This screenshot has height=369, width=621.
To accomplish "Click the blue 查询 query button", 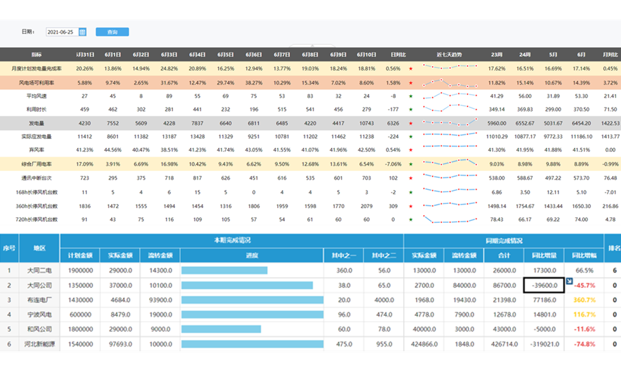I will point(112,32).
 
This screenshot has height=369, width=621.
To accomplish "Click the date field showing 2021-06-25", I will point(61,32).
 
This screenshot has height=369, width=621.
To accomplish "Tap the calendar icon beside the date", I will point(83,32).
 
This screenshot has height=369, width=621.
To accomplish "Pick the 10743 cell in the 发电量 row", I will point(366,123).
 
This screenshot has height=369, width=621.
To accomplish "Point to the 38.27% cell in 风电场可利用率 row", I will point(253,82).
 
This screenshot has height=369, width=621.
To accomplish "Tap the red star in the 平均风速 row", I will point(411,96).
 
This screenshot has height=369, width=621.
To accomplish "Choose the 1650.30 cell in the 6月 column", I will point(581,205).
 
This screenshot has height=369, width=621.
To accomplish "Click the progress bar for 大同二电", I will point(225,270).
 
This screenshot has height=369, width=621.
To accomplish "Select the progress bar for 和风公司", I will point(252,329).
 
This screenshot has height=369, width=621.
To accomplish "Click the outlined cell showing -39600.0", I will point(544,285).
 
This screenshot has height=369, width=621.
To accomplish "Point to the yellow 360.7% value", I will point(584,300).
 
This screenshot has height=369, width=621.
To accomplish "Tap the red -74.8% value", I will point(584,344).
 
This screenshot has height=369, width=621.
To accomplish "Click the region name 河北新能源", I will point(40,344).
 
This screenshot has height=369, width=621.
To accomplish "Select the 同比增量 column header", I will point(544,255).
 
